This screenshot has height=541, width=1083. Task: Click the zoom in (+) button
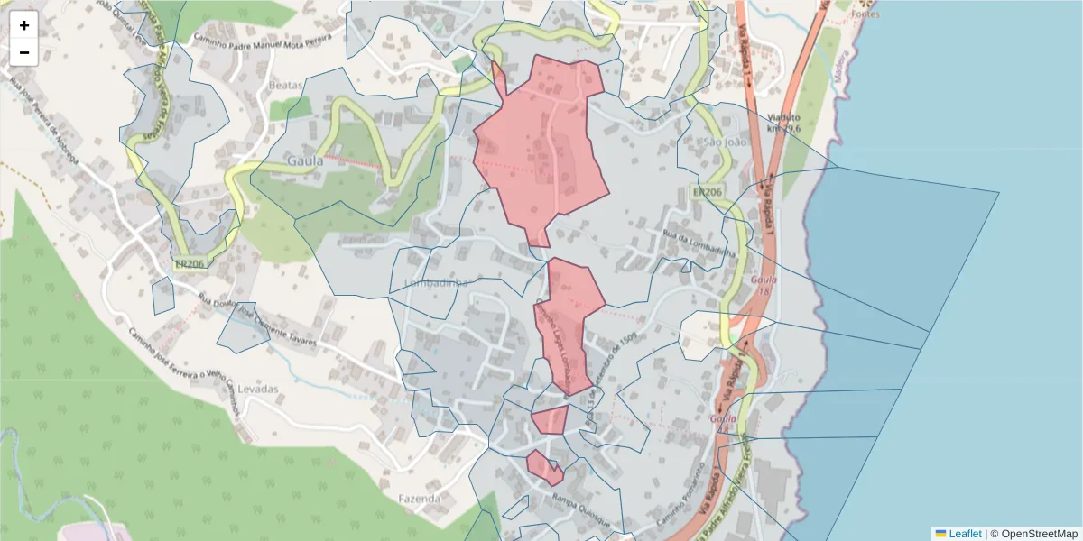(x=24, y=25)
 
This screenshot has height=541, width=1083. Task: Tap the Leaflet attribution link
(x=964, y=534)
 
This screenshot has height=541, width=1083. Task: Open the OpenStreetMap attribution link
(x=1040, y=534)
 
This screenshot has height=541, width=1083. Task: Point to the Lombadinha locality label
(x=437, y=282)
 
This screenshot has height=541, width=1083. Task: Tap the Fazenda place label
(x=420, y=498)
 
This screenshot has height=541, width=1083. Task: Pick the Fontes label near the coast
(x=865, y=14)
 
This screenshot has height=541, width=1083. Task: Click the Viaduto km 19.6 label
(x=783, y=123)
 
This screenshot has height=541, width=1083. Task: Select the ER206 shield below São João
(x=708, y=192)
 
